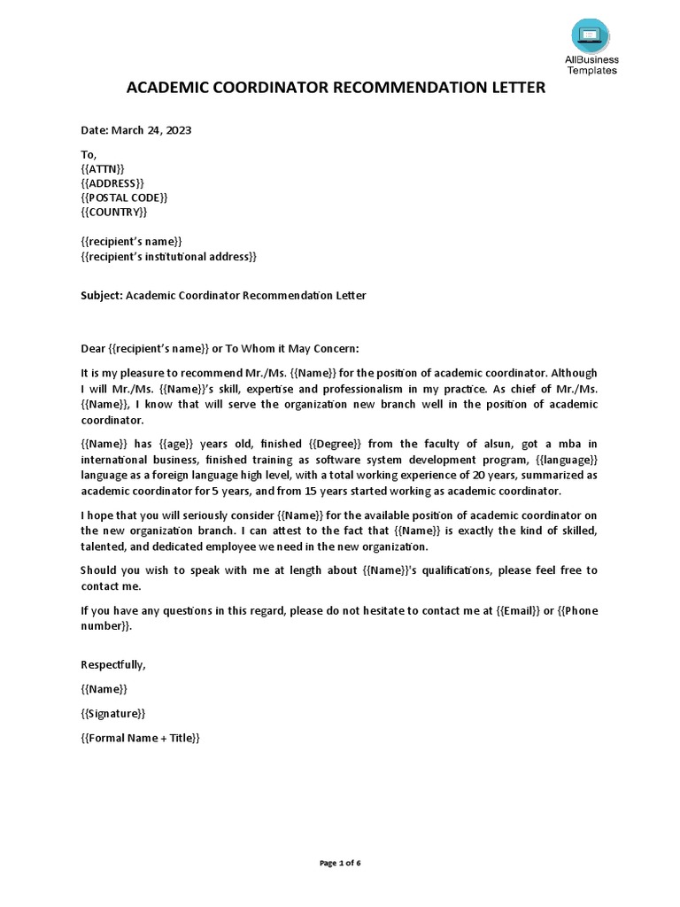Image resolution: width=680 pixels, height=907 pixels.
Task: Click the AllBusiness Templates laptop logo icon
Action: click(590, 35)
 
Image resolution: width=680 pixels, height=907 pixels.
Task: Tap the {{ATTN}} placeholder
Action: click(103, 168)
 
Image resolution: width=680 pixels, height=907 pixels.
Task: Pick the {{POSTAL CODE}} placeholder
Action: click(124, 198)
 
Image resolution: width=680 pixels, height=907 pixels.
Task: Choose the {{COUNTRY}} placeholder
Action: click(114, 213)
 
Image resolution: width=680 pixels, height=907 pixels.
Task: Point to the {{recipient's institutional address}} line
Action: click(168, 257)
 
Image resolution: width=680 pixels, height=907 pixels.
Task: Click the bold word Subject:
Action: click(102, 295)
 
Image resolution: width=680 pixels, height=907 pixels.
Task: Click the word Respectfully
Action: click(113, 664)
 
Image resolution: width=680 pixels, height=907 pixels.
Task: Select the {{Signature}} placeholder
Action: click(113, 712)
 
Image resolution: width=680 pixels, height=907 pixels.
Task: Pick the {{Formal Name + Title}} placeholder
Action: click(141, 737)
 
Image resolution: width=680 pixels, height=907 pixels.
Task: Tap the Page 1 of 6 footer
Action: click(339, 863)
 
